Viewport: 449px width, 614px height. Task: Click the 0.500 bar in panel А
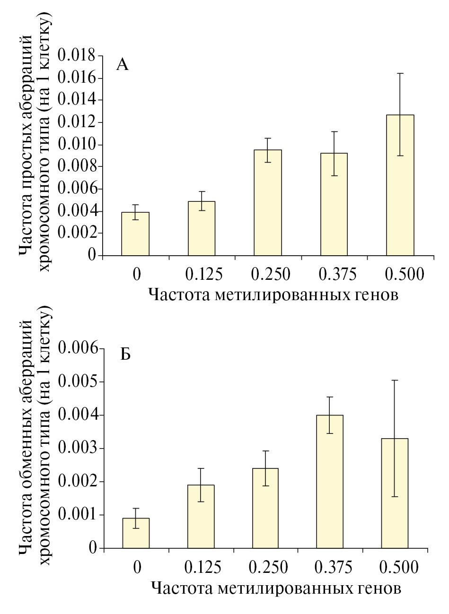coord(400,185)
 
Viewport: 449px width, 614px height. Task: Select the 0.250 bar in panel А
coord(267,203)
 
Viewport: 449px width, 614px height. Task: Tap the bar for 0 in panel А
coord(135,233)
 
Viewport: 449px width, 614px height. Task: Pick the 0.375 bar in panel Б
coord(330,482)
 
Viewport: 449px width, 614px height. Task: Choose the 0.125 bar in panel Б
coord(201,516)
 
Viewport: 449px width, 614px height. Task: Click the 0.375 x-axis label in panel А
coord(337,274)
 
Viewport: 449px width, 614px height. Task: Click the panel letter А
coord(122,65)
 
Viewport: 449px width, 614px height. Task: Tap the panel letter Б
coord(125,354)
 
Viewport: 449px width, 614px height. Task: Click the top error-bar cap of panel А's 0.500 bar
coord(400,73)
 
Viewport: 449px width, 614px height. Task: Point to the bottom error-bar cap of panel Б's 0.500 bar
coord(394,497)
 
